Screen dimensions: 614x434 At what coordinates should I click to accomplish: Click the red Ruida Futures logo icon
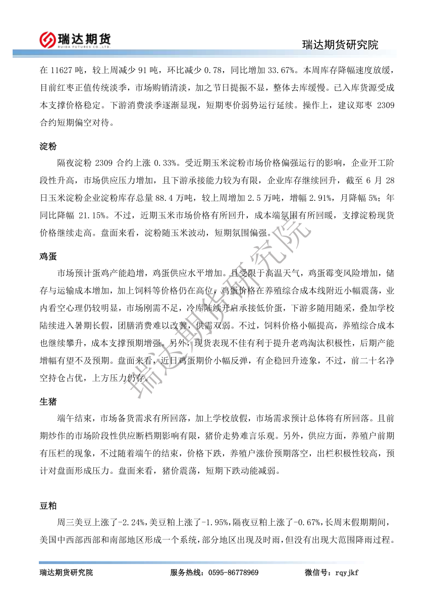(48, 39)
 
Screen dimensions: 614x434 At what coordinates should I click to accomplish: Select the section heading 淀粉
(48, 146)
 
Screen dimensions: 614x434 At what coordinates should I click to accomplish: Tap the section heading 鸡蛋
(48, 256)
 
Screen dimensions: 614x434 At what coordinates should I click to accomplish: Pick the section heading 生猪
(48, 401)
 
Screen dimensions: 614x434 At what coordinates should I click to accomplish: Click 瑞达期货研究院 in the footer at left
(66, 573)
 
